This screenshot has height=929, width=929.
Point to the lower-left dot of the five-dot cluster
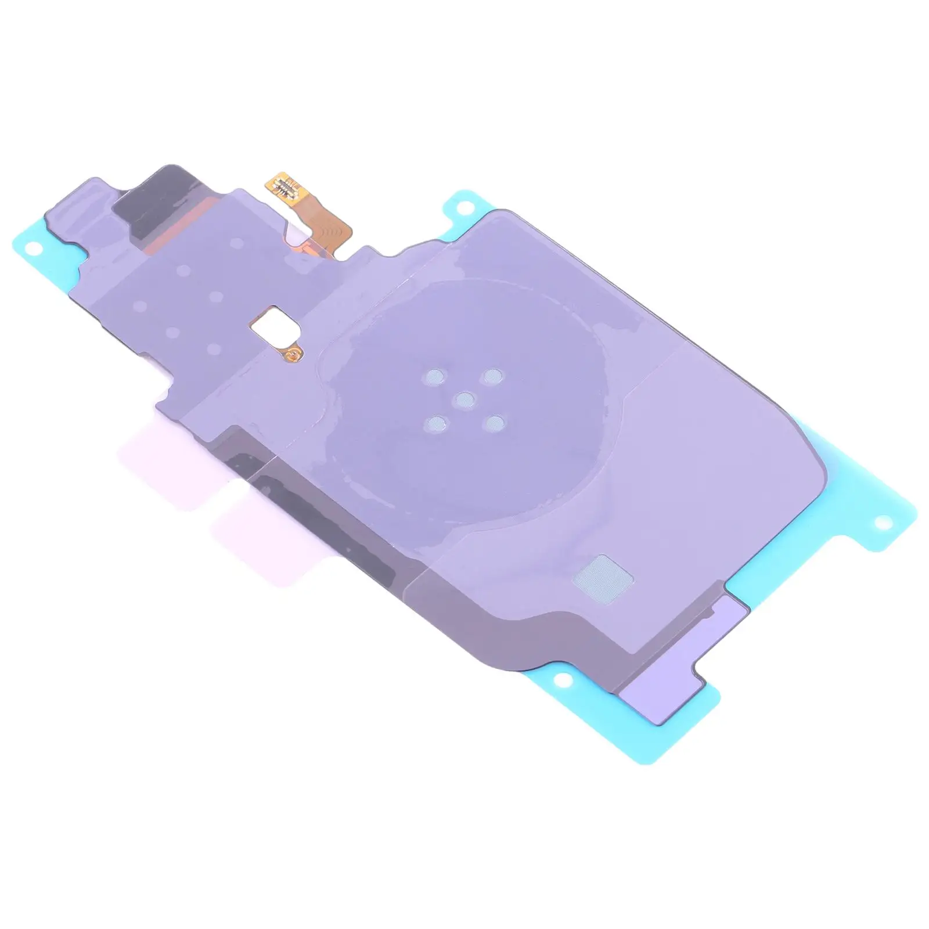(433, 423)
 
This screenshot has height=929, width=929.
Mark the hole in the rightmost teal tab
(885, 525)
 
